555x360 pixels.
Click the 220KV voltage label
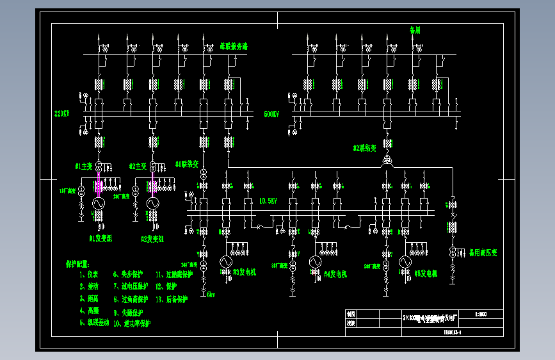coord(61,113)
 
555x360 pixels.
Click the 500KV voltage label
coord(271,114)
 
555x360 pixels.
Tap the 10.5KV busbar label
coord(268,200)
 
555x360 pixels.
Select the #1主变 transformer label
coord(84,166)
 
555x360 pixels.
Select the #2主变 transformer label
coord(138,166)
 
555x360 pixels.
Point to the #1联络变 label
coord(188,164)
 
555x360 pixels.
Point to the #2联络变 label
coord(366,148)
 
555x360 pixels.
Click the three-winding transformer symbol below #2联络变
coord(387,160)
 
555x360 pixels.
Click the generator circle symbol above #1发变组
coord(99,203)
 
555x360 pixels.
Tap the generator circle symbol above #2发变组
coord(152,203)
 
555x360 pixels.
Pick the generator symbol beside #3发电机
coord(225,262)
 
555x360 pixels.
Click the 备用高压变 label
coord(483,252)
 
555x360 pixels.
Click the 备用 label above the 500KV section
coord(415,30)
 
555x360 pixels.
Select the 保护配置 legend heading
coord(78,263)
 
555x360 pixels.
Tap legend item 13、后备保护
coord(172,299)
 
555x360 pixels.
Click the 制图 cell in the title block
coord(350,315)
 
